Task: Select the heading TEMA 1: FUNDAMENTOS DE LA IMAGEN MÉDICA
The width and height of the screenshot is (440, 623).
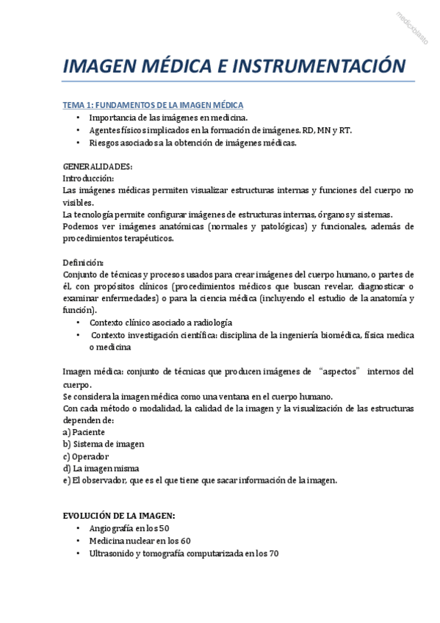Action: [153, 105]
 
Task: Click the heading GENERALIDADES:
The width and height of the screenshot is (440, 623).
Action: [98, 167]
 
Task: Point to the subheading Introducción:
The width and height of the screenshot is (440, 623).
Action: [88, 179]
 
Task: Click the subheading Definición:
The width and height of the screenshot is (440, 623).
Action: [84, 262]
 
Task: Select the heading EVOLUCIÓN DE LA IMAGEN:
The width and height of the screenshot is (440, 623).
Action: [119, 516]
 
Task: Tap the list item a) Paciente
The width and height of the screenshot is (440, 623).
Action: [84, 432]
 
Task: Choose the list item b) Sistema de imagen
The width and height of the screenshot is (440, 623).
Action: [104, 444]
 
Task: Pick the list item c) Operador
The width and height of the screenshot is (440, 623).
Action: [86, 455]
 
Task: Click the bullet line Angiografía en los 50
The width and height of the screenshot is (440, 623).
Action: [129, 529]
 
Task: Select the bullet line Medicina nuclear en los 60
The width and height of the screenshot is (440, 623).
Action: [140, 541]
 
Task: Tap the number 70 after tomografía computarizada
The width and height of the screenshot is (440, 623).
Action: [273, 554]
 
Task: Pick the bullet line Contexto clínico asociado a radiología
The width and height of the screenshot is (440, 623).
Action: [161, 323]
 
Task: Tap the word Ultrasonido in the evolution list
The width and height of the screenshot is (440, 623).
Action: [113, 554]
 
